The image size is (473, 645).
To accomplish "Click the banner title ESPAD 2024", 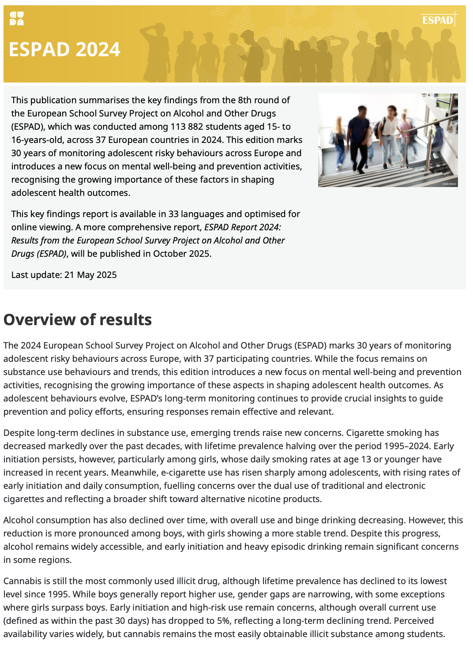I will (x=64, y=49).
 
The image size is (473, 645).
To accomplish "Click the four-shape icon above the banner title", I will (x=17, y=19).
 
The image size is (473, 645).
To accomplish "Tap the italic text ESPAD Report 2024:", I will (x=242, y=227).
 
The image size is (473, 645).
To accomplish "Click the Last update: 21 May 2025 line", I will (x=64, y=275).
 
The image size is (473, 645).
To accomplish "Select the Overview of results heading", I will (x=78, y=319).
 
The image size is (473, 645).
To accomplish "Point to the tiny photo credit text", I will (x=449, y=184).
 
